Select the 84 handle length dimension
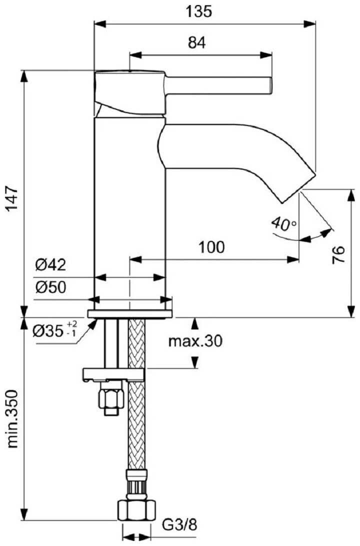pos(196,42)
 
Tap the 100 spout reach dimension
pos(211,247)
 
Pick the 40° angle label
pos(284,224)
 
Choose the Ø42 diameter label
pos(51,265)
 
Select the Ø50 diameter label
pos(51,287)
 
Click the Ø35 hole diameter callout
pos(55,330)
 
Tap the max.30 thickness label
pos(195,341)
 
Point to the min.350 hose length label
pos(12,424)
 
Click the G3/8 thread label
pos(180,524)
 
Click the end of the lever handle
pos(269,85)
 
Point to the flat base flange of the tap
pos(130,313)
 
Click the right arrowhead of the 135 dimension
pos(309,23)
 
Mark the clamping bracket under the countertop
pos(113,374)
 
